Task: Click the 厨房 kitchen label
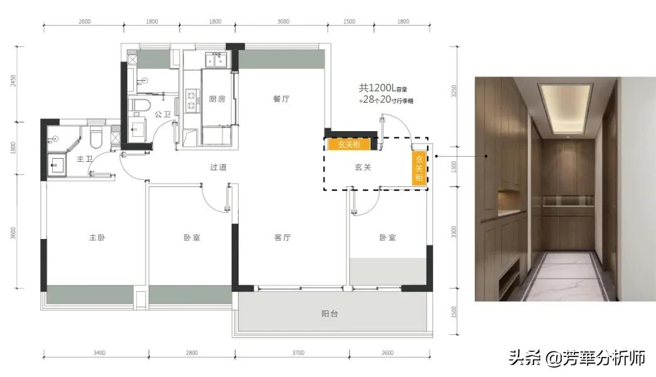pos(217,99)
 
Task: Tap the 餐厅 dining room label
pos(281,99)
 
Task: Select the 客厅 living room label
pos(282,237)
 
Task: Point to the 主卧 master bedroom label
pos(97,237)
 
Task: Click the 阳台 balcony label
pos(330,314)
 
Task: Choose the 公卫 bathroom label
pos(163,114)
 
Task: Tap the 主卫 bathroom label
pos(85,159)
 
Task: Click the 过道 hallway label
pos(218,167)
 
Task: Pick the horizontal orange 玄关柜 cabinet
pos(349,144)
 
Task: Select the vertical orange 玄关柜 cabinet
pos(419,167)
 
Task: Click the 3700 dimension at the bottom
pos(298,353)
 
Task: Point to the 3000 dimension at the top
pos(283,21)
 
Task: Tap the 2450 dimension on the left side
pos(13,81)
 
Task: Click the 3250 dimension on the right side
pos(454,91)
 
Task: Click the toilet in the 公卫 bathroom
pos(139,105)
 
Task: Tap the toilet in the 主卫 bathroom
pos(96,137)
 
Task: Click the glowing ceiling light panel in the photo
pos(565,107)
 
